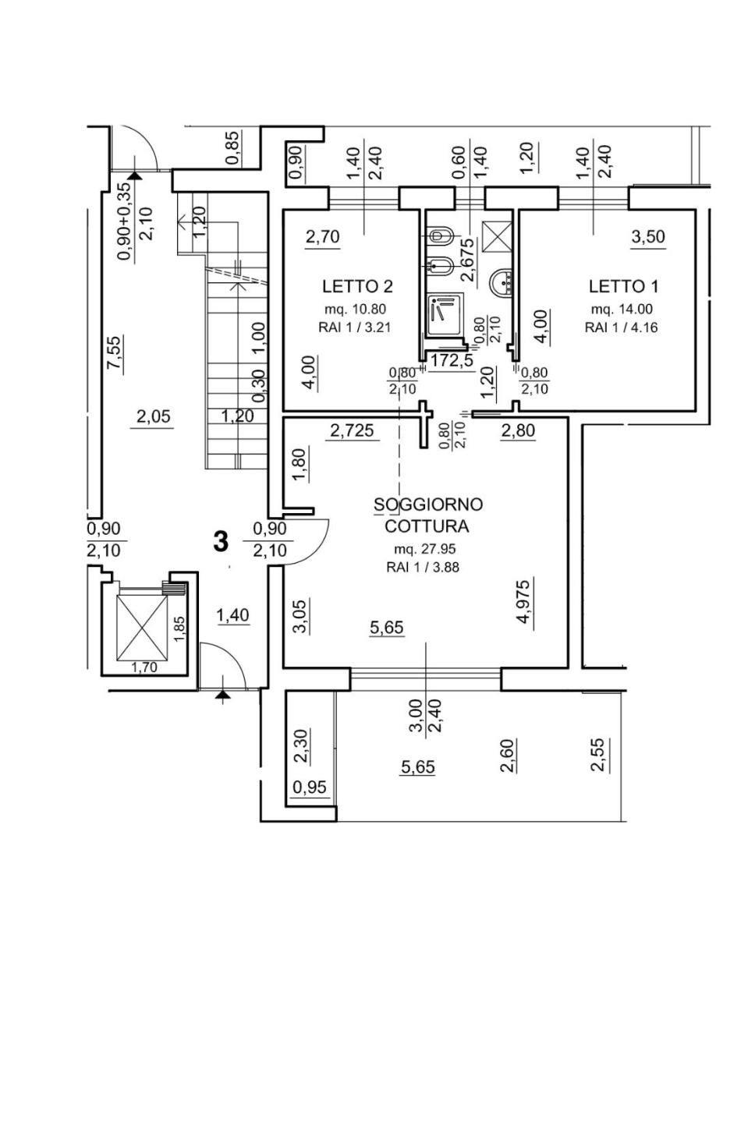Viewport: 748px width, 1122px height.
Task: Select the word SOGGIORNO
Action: click(428, 504)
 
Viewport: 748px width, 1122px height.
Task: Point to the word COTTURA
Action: click(427, 526)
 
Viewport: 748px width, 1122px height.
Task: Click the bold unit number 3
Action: click(222, 540)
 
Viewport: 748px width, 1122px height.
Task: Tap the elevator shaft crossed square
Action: click(141, 627)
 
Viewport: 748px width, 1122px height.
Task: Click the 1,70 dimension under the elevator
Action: click(143, 667)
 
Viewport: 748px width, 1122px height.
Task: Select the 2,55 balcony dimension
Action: click(598, 755)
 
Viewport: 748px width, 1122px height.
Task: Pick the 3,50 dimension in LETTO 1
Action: click(648, 237)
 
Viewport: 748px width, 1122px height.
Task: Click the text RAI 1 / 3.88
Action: click(422, 568)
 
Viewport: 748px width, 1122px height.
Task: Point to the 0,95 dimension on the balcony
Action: click(310, 788)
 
